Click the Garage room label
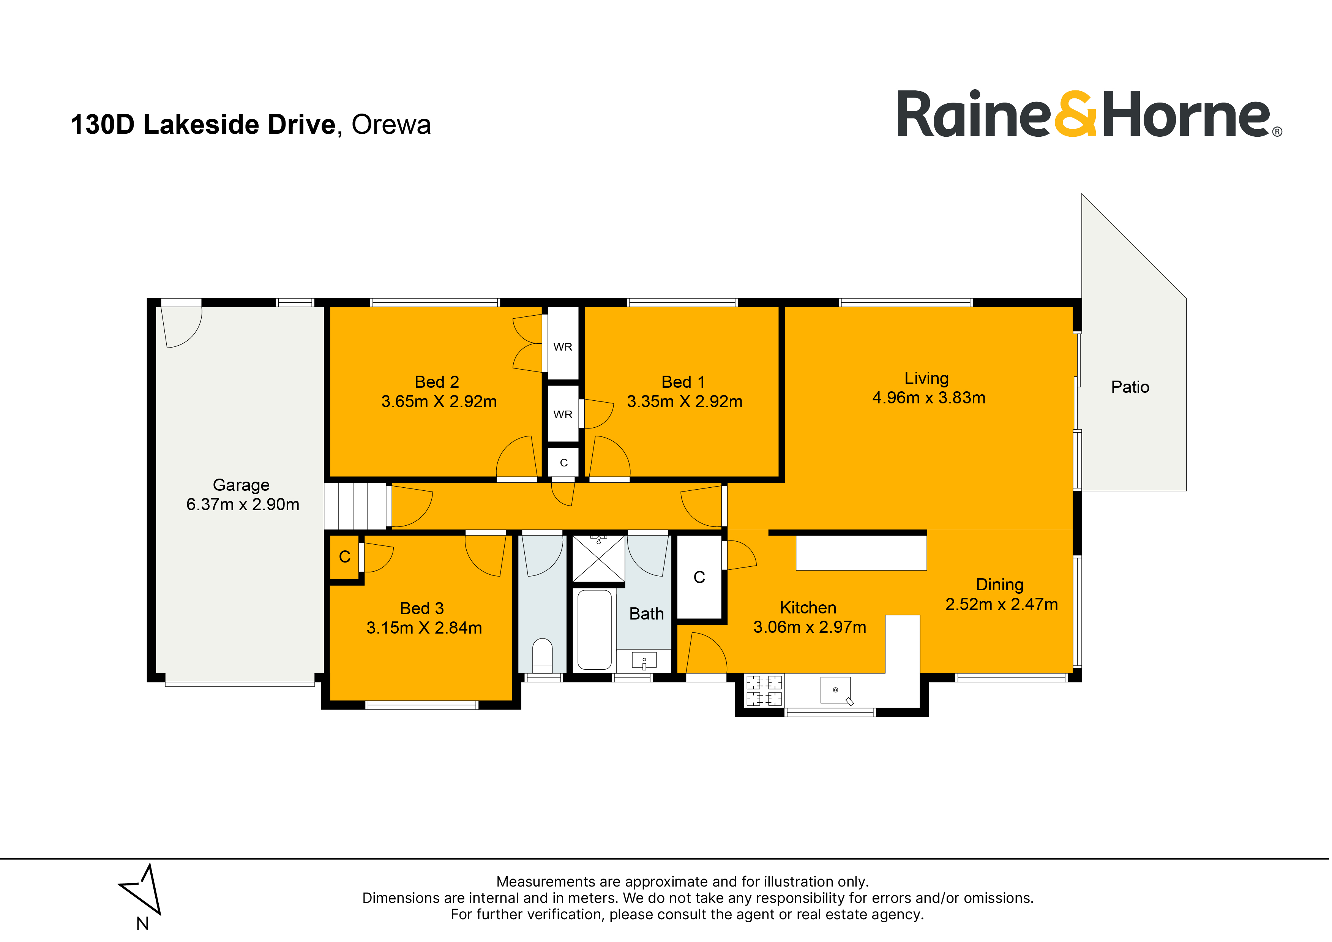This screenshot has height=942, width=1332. point(241,485)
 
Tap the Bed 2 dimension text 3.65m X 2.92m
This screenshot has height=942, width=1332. point(439,401)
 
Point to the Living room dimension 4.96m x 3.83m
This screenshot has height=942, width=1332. point(929,398)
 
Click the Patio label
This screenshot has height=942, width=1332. point(1130,387)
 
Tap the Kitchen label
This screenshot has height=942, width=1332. point(808,608)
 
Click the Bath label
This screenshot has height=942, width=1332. point(646,614)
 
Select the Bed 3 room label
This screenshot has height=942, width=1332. point(422,608)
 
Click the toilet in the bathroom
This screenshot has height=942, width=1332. point(543,656)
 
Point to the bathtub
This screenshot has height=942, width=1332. point(595,630)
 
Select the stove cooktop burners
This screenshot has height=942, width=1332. point(764,690)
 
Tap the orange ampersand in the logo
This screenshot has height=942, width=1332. point(1075,114)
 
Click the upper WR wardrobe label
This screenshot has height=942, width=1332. point(563,347)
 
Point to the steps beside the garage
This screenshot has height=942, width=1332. point(355,506)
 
